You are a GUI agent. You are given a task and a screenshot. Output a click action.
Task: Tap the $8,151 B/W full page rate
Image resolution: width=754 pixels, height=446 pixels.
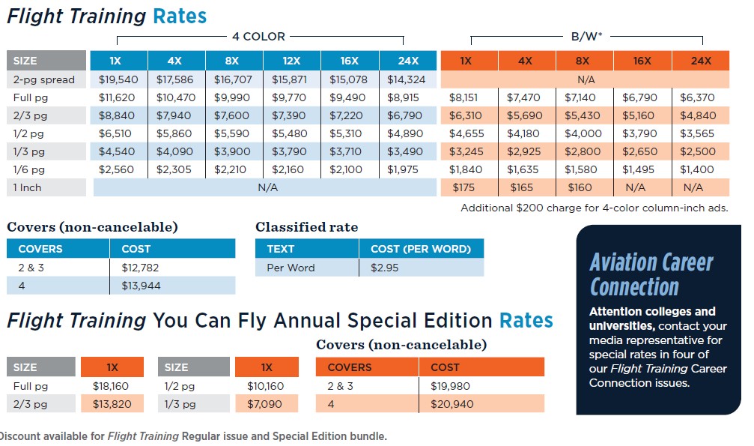[466, 97]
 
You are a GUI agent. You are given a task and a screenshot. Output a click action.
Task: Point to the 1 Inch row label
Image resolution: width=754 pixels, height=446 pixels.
[28, 187]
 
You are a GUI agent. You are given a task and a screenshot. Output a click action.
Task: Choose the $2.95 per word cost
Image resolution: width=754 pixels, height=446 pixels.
[384, 268]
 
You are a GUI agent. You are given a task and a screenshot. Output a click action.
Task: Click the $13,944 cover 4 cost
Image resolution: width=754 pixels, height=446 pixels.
[141, 285]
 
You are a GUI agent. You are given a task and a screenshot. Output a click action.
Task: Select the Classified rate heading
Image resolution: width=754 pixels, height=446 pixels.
[307, 226]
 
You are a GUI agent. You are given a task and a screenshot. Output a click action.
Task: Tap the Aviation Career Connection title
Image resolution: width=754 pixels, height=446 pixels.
[651, 274]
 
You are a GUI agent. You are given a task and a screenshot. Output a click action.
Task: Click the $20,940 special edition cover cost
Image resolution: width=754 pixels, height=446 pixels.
[452, 404]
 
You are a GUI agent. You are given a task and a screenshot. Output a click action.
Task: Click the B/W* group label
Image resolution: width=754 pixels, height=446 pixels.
[587, 36]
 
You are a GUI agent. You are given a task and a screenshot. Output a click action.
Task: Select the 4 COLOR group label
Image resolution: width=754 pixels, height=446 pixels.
[259, 36]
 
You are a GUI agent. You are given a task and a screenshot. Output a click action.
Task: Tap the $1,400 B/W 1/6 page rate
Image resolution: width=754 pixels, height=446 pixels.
[697, 169]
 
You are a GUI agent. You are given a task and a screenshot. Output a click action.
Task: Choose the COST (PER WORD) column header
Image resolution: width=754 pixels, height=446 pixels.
[420, 249]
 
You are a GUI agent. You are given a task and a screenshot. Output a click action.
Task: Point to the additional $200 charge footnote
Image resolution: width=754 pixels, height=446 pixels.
[594, 208]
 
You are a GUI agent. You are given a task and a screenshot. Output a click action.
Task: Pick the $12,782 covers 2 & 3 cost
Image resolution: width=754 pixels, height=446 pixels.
[141, 267]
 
